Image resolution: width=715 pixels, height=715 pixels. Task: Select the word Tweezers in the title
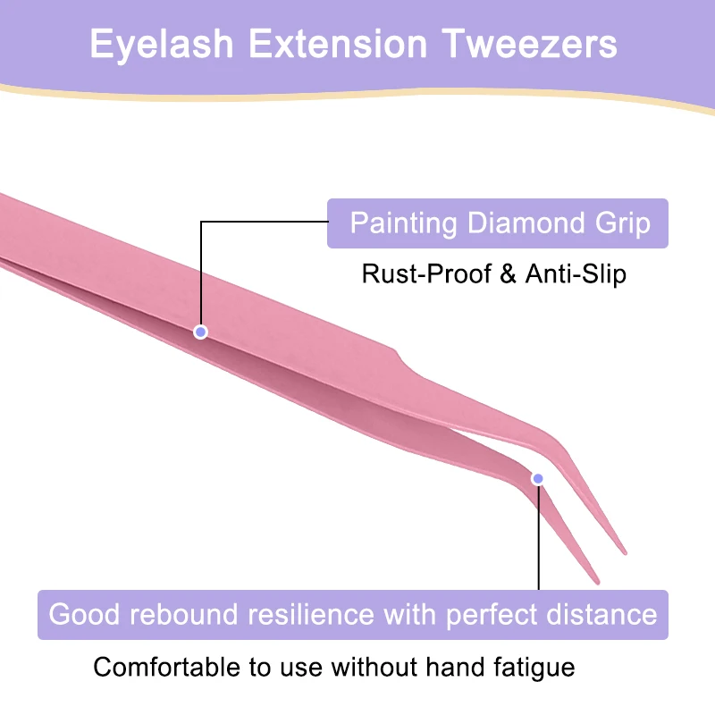(x=532, y=45)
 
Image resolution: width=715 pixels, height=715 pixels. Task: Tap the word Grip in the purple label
(x=623, y=223)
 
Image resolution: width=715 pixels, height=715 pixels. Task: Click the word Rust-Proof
(x=425, y=273)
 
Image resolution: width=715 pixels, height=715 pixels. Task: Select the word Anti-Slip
(x=575, y=273)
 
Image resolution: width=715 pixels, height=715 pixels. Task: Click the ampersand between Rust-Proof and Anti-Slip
(x=509, y=273)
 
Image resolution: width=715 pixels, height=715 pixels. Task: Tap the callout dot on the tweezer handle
(x=201, y=332)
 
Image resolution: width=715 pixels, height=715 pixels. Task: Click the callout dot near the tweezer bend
(x=538, y=479)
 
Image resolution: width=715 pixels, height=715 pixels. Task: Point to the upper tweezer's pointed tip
(x=625, y=551)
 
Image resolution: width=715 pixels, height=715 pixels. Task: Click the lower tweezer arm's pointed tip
(x=597, y=582)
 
